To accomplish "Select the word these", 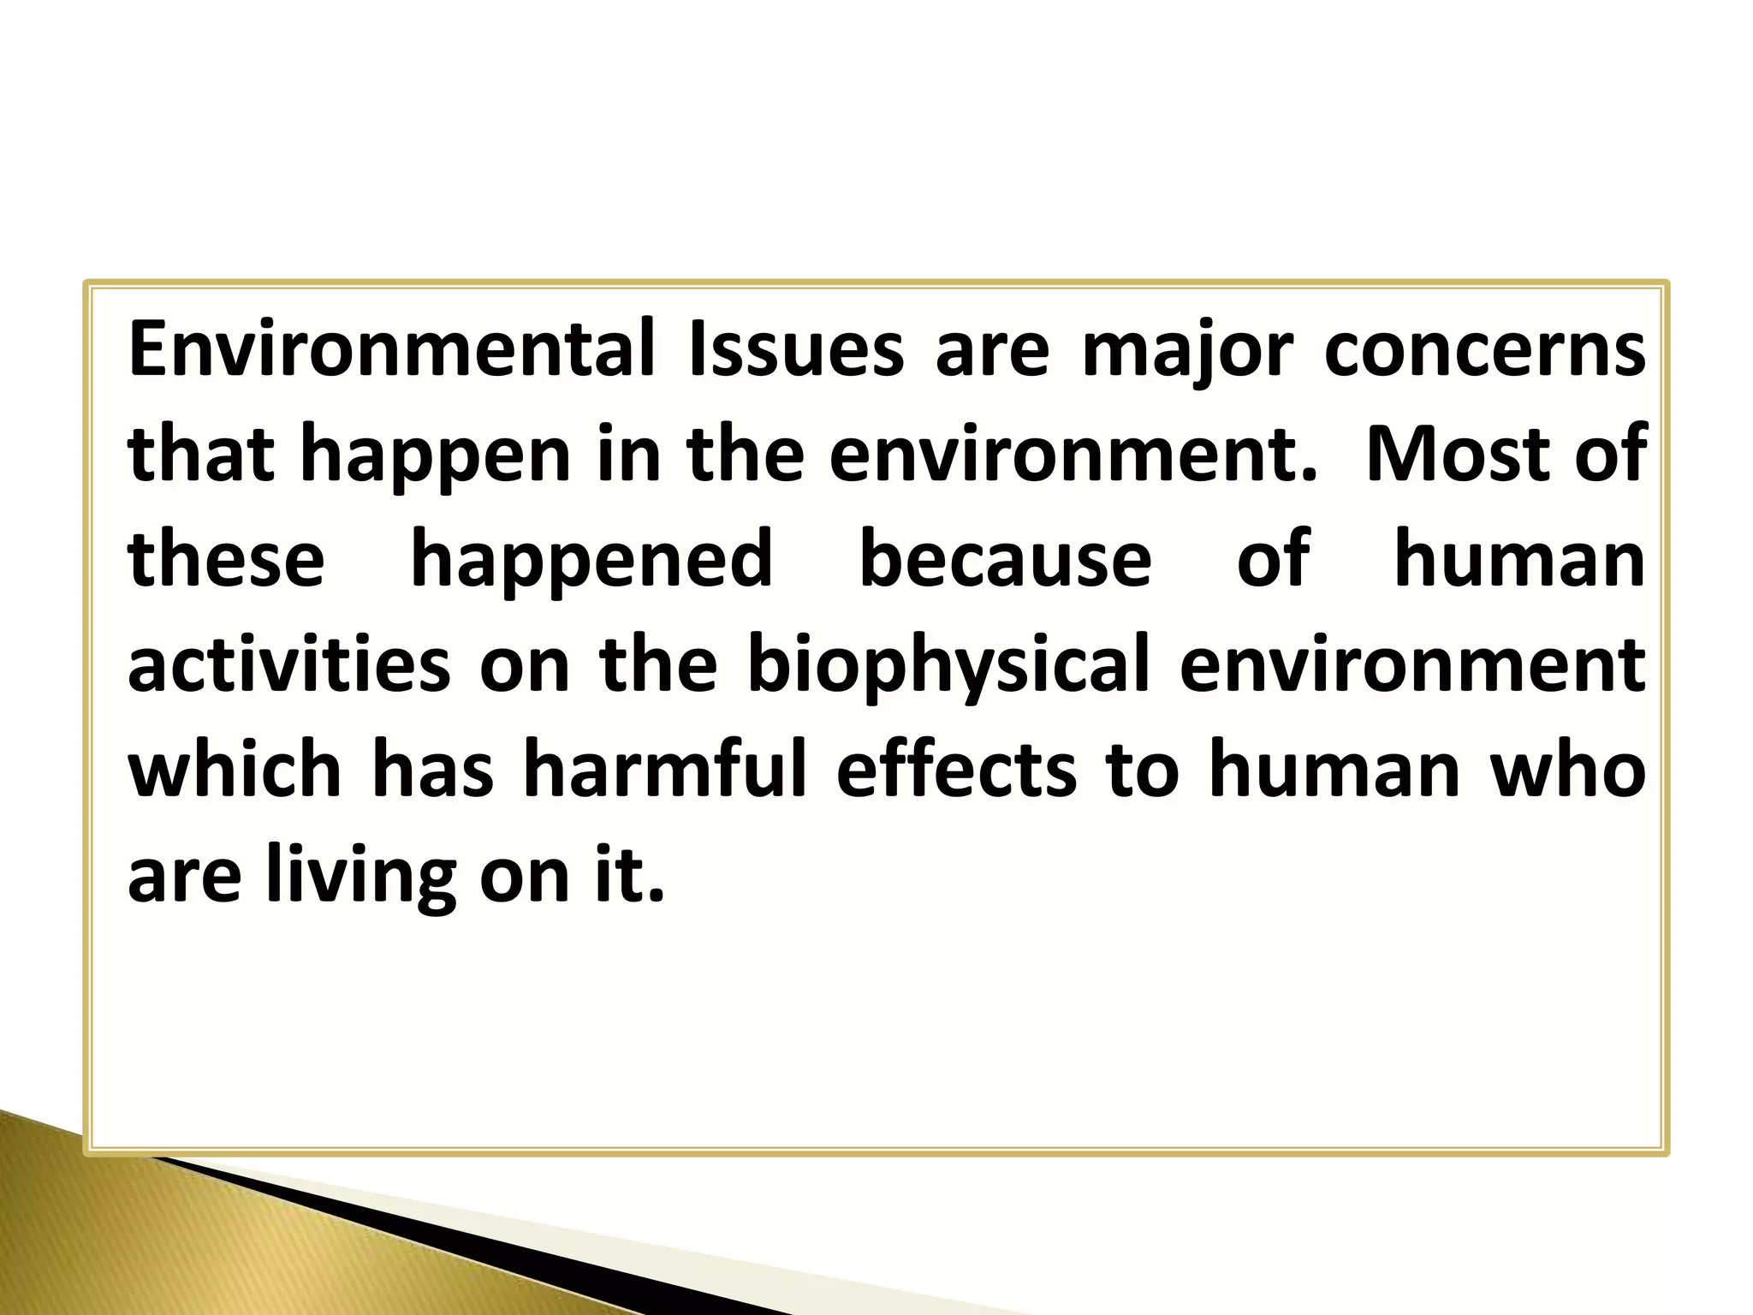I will [227, 559].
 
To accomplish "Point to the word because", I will [1005, 559].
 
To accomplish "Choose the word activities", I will [289, 664].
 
